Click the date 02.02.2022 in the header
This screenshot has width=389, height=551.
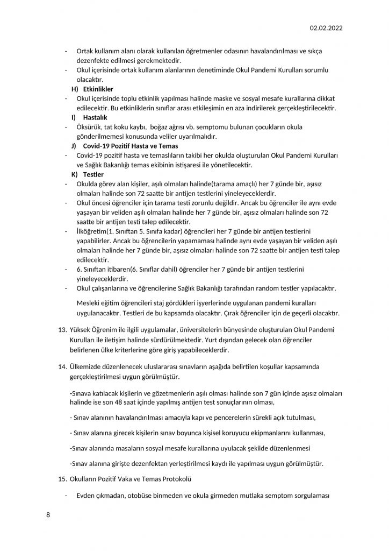pos(326,28)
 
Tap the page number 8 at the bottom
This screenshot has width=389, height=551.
pos(48,515)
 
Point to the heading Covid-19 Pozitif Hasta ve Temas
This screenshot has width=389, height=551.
pos(131,146)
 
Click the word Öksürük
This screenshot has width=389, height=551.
pos(90,127)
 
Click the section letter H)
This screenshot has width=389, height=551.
pos(75,89)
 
